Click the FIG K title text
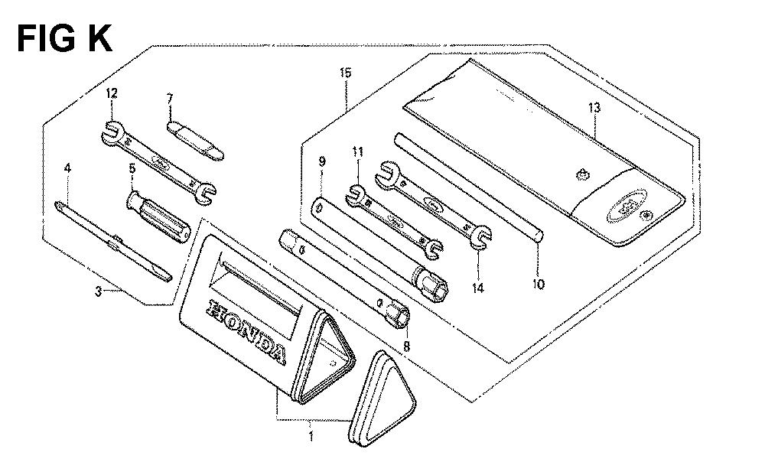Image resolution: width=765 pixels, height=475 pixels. [65, 39]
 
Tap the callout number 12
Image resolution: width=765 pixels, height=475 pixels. [111, 93]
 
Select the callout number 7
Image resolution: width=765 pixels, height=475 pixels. [170, 99]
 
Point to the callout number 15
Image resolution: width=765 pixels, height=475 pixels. [346, 73]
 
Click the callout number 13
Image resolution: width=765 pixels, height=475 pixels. [594, 108]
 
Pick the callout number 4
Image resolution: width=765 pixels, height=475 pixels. [67, 168]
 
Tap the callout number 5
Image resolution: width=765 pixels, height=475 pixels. [132, 169]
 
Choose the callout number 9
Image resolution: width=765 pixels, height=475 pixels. [321, 161]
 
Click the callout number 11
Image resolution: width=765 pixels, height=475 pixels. [357, 152]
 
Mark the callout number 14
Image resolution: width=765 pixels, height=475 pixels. [478, 288]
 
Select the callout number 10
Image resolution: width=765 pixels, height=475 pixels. [538, 284]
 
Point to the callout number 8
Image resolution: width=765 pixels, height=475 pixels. [406, 346]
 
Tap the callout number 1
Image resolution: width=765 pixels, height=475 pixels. [311, 435]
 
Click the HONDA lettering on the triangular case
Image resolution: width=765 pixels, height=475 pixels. [247, 332]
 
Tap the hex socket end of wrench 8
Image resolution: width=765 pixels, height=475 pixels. [398, 313]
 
